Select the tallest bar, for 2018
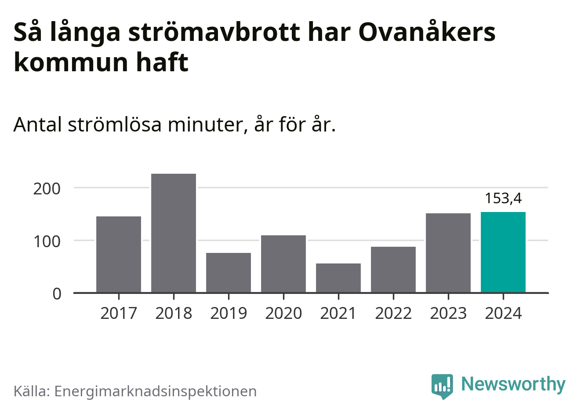(x=174, y=233)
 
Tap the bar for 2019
(x=229, y=273)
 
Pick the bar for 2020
(x=283, y=264)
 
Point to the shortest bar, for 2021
(x=338, y=278)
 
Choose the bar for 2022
(x=393, y=270)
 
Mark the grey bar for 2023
(x=448, y=253)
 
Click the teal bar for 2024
(x=503, y=252)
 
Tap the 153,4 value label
(x=503, y=198)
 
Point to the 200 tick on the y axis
(x=47, y=189)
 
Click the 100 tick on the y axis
(x=47, y=241)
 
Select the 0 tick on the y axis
(x=57, y=294)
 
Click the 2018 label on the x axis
(x=174, y=314)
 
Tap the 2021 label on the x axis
(x=338, y=314)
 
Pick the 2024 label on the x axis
(x=503, y=314)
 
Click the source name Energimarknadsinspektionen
(x=155, y=391)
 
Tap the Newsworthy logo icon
(x=442, y=386)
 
